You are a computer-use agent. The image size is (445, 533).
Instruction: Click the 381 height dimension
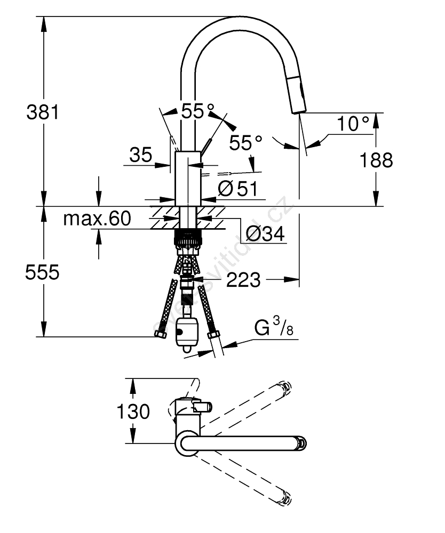(42, 112)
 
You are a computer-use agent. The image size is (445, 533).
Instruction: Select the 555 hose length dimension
(42, 272)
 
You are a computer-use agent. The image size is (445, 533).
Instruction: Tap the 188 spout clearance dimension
(377, 159)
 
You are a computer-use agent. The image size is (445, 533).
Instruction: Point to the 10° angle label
(353, 124)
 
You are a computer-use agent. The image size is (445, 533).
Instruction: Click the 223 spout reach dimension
(243, 279)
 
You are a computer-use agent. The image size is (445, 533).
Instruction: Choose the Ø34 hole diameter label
(265, 233)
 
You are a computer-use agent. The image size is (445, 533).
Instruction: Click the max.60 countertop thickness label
(97, 219)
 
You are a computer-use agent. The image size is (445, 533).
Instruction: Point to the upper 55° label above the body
(193, 111)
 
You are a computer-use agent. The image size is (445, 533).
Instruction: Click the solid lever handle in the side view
(207, 144)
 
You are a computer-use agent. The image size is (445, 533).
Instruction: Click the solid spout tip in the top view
(301, 442)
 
